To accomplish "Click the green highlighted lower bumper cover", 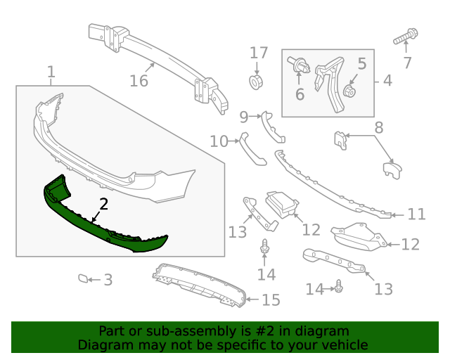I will click(x=105, y=225).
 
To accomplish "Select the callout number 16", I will click(x=139, y=81).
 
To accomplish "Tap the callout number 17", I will click(x=259, y=53).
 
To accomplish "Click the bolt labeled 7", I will click(x=407, y=34).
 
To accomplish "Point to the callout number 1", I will click(x=51, y=72).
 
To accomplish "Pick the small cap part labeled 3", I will click(x=84, y=279).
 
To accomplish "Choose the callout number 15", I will click(x=271, y=300).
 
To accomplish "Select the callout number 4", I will click(x=387, y=81).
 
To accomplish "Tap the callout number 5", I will click(x=361, y=64).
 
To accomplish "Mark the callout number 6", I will click(x=300, y=93).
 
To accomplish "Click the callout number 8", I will click(x=378, y=128).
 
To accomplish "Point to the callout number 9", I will click(x=244, y=116).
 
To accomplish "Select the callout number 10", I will click(x=219, y=142).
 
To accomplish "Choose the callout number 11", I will click(x=417, y=214).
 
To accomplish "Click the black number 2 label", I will click(x=103, y=205).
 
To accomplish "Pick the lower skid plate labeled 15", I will click(x=200, y=285).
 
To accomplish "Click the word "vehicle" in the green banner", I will click(x=341, y=345).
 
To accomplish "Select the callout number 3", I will click(x=108, y=281).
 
